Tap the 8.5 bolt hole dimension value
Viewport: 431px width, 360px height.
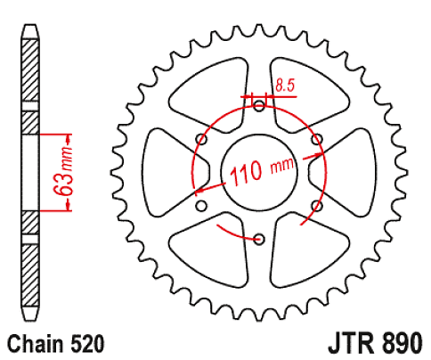tap(285, 86)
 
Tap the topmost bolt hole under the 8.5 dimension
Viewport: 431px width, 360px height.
tap(259, 106)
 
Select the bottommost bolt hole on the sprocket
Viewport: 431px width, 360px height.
tap(259, 239)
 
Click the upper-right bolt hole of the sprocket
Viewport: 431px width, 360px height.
tap(316, 139)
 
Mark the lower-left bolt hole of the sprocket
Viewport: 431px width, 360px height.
tap(201, 206)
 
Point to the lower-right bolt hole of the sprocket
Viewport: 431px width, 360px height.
tap(316, 206)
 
